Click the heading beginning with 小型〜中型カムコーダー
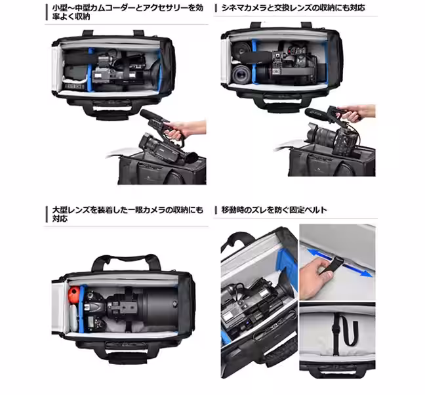pyautogui.click(x=125, y=12)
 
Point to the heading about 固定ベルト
pyautogui.click(x=275, y=210)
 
